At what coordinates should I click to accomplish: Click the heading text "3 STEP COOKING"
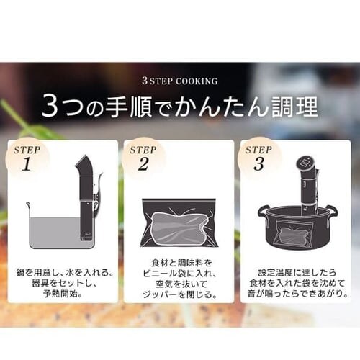coord(180,81)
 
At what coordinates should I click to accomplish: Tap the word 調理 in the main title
coord(294,106)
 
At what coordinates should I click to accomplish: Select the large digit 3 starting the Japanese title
coord(50,107)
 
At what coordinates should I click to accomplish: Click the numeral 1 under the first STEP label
coord(27,165)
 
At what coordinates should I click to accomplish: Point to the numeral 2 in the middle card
coord(143,165)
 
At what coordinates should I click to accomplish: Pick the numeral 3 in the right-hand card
coord(259,165)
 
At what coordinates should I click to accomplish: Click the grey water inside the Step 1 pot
coord(55,233)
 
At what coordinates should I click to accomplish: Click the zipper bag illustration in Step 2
coord(179,223)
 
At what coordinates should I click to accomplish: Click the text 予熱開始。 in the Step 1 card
coord(63,294)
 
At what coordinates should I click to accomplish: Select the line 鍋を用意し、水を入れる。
coord(65,273)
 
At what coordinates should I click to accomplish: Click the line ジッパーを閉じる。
coord(180,294)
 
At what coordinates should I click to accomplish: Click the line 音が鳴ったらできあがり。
coord(297,294)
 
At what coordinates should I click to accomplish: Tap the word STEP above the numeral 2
coord(143,150)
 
